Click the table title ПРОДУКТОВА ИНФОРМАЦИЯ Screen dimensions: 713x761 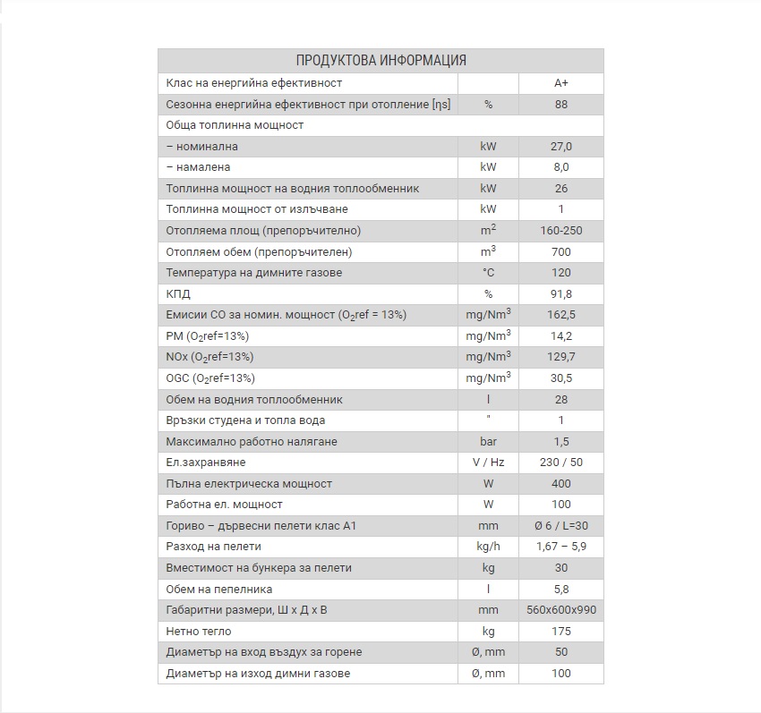380,61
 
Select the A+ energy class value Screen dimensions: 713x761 561,83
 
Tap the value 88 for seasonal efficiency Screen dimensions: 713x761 561,105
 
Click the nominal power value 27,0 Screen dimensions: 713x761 561,147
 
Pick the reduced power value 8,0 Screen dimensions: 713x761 561,167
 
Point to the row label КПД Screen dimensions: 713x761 178,294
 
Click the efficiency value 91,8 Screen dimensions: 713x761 561,294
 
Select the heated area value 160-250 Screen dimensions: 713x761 561,231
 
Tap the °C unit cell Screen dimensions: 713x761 488,273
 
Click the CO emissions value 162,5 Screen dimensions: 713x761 561,315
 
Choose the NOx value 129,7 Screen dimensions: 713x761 561,357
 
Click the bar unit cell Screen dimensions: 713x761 488,442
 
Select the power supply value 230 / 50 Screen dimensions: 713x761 561,463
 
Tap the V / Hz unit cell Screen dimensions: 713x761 488,463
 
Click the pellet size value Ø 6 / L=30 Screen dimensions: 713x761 561,526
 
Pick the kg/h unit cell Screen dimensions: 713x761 488,547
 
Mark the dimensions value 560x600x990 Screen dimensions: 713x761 561,610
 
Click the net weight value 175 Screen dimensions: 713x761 561,632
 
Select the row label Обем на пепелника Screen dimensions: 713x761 219,590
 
